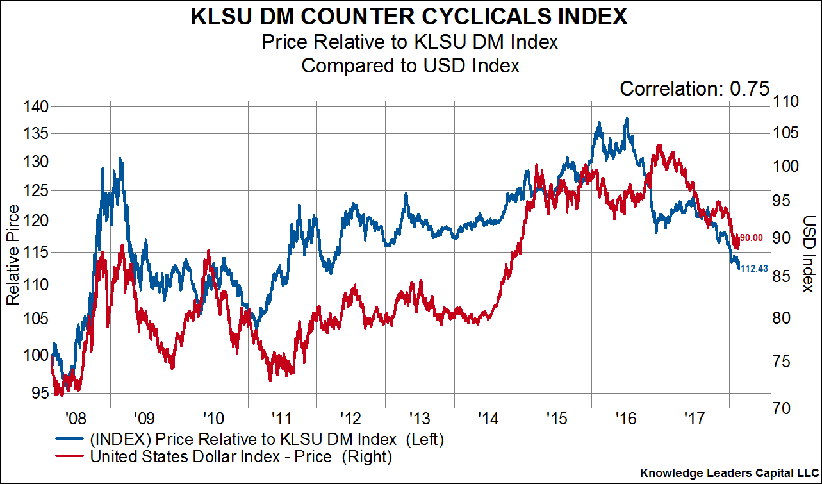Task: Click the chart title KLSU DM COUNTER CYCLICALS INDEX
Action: (x=410, y=17)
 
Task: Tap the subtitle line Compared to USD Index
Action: (x=410, y=65)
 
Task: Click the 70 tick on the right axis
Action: (x=785, y=408)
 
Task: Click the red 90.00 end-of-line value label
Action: (x=752, y=238)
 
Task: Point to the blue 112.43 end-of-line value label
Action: (x=754, y=269)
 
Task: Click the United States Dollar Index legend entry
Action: (x=240, y=456)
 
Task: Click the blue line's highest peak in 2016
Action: (x=626, y=119)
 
